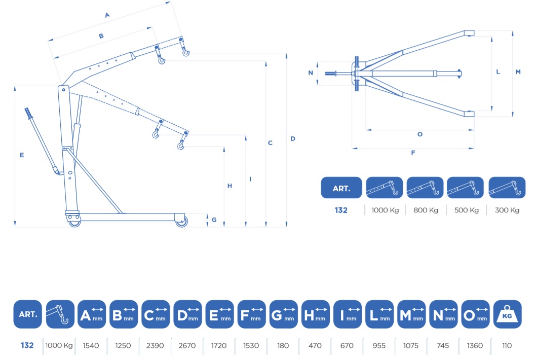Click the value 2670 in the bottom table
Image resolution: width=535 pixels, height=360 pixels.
click(187, 346)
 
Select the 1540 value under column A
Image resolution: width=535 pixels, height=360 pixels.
click(91, 346)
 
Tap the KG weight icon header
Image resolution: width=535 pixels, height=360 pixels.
click(507, 314)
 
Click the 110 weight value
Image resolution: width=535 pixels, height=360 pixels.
click(507, 346)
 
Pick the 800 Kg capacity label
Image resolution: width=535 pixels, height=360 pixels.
click(426, 210)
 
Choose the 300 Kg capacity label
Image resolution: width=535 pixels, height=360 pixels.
click(507, 210)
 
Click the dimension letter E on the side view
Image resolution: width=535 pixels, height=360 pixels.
click(22, 155)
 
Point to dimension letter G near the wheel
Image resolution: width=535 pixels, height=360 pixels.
click(214, 220)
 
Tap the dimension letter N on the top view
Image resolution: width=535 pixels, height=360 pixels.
click(311, 73)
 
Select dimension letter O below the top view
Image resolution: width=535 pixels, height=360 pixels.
click(420, 134)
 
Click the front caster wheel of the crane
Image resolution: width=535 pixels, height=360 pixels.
click(181, 222)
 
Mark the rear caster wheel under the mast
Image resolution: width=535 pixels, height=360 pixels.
click(74, 222)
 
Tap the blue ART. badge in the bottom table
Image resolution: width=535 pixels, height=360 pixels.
click(28, 314)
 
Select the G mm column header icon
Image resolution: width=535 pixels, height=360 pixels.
click(284, 314)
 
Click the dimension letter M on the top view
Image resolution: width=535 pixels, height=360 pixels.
click(518, 72)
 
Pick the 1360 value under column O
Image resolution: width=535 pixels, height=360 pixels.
click(475, 346)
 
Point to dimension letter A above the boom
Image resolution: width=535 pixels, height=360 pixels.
click(107, 15)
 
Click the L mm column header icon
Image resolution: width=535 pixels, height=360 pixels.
click(379, 314)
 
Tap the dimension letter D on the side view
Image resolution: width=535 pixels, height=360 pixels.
click(293, 138)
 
